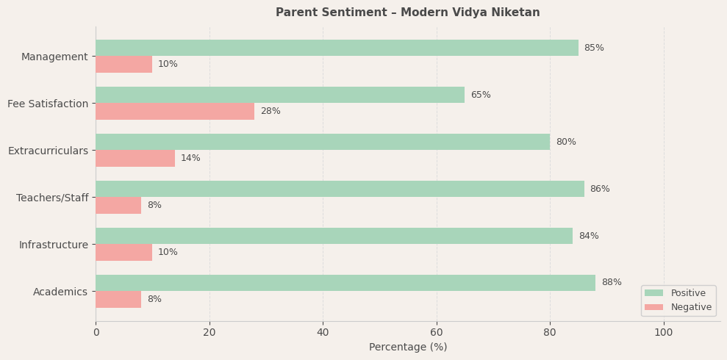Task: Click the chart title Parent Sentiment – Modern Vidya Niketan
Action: coord(407,12)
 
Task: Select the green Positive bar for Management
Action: coord(337,48)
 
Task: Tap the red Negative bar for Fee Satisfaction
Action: coord(175,111)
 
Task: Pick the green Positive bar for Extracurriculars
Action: coord(323,142)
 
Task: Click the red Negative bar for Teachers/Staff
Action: coord(118,205)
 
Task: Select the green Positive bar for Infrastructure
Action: coord(334,236)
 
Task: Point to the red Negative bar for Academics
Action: coord(118,299)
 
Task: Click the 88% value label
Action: coord(611,283)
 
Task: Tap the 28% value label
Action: coord(270,111)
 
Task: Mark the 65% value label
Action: coord(480,95)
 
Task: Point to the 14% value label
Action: coord(190,158)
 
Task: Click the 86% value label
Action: coord(599,189)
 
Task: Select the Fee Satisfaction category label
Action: coord(48,104)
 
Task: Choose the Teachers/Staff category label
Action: coord(52,198)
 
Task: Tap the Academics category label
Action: coord(60,292)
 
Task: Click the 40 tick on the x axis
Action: coord(323,333)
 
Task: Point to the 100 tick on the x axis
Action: coord(663,333)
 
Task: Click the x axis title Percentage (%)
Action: coord(407,348)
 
